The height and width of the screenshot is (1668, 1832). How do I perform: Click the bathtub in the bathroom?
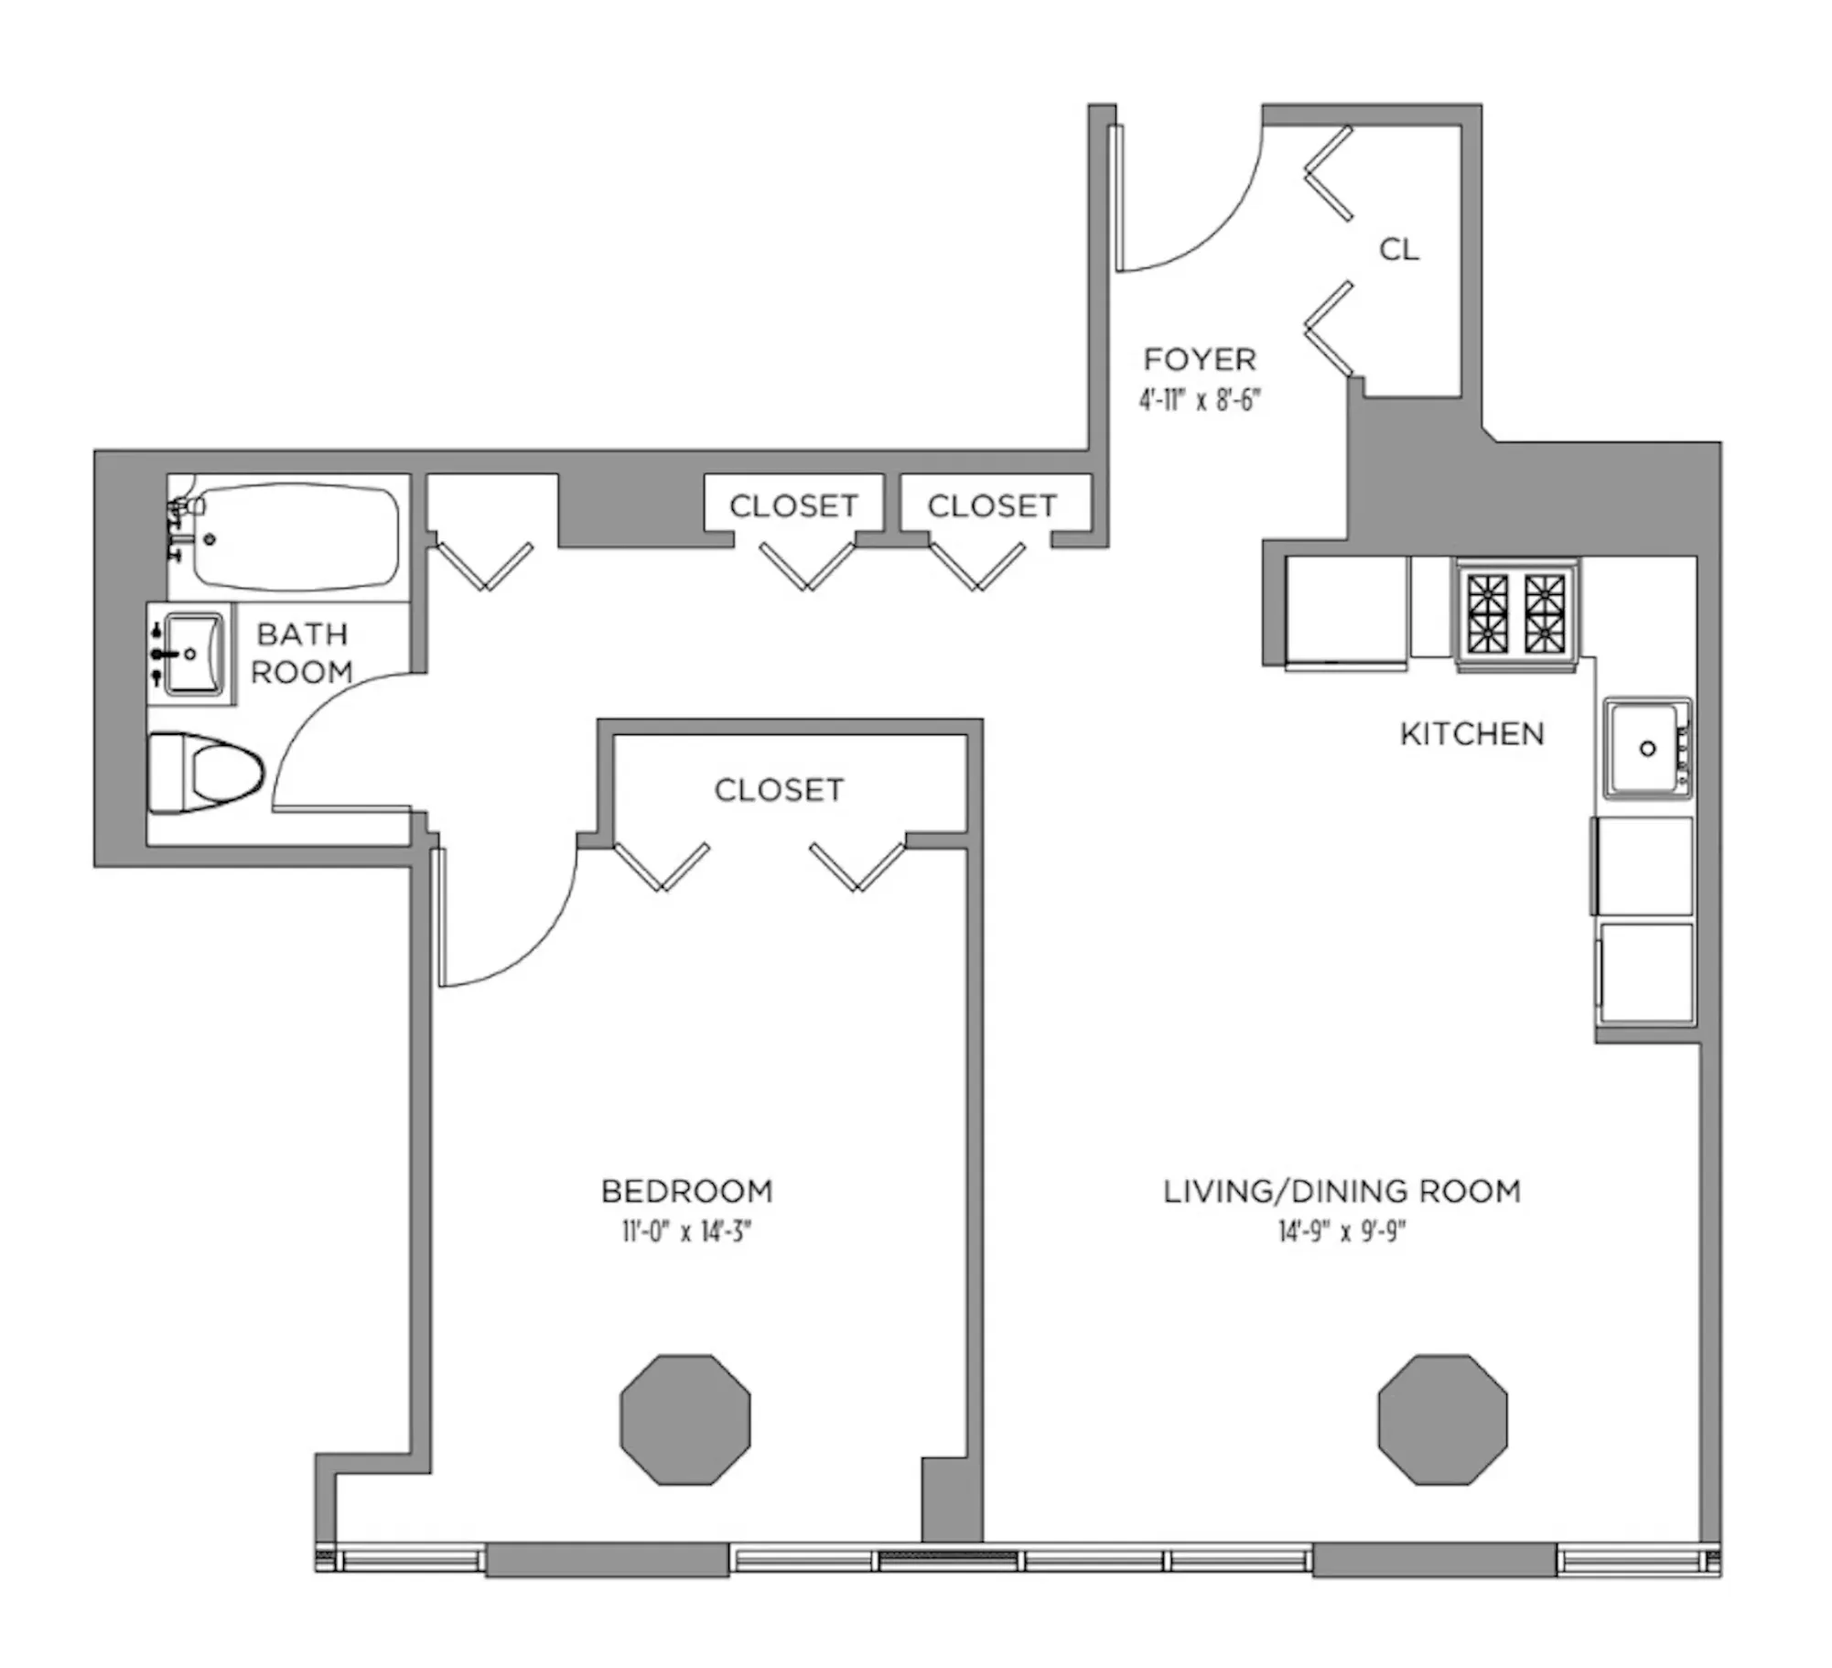295,536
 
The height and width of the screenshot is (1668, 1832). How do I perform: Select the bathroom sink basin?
192,654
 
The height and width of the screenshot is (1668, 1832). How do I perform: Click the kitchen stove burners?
1516,612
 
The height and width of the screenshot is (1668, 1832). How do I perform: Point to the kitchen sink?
1644,748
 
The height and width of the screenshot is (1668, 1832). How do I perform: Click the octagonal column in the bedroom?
684,1420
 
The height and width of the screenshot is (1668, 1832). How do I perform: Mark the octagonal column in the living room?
1442,1420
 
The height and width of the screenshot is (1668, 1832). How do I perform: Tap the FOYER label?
1200,360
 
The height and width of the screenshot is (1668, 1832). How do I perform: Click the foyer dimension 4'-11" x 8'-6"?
1200,401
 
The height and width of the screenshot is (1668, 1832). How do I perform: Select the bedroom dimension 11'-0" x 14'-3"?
686,1231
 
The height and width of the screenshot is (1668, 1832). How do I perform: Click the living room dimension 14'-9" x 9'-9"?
1342,1231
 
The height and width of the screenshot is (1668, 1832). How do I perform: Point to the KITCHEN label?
1471,733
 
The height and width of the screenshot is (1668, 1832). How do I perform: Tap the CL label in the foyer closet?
1398,249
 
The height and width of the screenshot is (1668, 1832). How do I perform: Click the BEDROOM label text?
686,1191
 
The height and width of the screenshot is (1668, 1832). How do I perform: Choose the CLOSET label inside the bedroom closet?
779,790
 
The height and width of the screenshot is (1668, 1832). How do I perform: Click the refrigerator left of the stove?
1345,612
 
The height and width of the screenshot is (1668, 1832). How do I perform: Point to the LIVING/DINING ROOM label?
1342,1191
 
